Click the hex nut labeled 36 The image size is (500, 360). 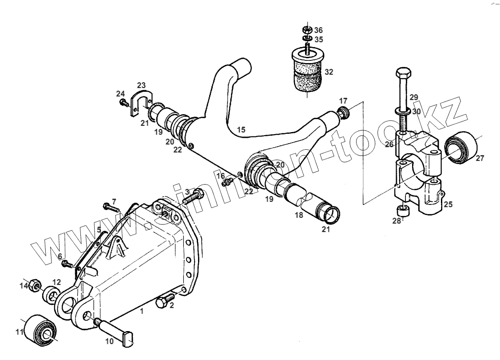(x=306, y=30)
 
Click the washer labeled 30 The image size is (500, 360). (x=402, y=111)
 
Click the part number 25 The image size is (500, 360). (x=448, y=205)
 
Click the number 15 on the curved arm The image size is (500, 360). (x=241, y=130)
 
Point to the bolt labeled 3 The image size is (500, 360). (x=192, y=196)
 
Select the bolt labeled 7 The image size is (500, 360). (x=111, y=207)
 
